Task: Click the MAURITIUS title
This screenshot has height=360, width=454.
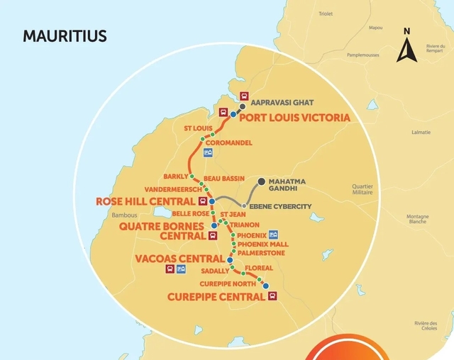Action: pos(65,36)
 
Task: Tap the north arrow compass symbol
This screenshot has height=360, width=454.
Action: pos(406,47)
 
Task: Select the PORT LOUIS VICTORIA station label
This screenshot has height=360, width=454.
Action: pos(294,118)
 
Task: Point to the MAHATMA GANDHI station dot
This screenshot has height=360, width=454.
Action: pos(261,182)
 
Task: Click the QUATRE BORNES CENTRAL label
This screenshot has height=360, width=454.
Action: pos(162,231)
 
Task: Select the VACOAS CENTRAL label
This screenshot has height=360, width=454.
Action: pos(179,259)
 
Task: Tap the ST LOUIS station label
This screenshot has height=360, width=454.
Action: pos(198,128)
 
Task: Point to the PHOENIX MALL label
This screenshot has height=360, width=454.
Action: pos(263,244)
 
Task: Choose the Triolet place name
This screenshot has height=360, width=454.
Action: pos(326,13)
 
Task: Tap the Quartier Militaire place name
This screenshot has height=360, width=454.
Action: pos(362,191)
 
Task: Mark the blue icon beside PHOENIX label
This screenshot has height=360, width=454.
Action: pos(274,235)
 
